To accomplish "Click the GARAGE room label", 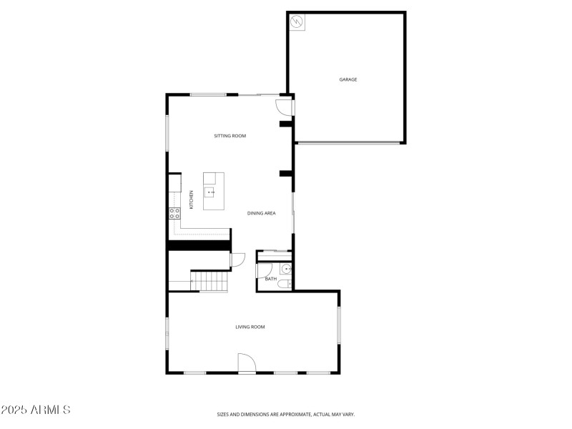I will point(348,79).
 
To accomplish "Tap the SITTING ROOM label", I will point(230,136).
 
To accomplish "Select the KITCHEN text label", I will point(191,199).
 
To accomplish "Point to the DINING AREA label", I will point(262,213).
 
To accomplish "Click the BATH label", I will point(271,279).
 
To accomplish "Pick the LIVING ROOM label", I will point(250,327).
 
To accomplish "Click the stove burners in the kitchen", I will point(173,212).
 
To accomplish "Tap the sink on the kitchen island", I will point(210,192).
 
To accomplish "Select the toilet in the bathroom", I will point(284,284).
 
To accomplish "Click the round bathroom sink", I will point(285,269).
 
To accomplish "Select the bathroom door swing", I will point(264,270).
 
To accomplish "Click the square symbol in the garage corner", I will point(297,22).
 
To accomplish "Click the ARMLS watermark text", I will point(36,410).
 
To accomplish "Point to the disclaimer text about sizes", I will point(286,414).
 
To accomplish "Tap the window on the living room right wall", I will point(339,326).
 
